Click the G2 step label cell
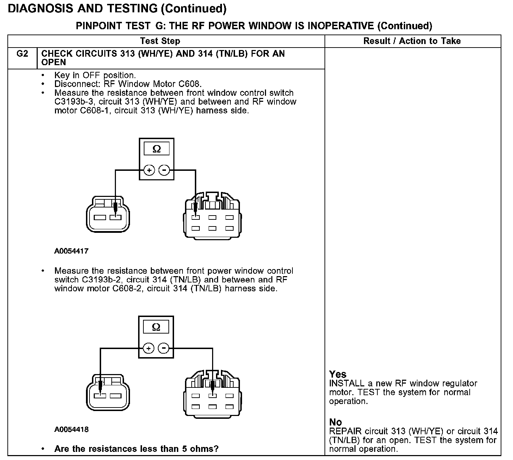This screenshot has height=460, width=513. coord(22,54)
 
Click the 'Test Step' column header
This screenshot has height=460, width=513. coord(160,41)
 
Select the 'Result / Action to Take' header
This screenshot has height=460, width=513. coord(412,41)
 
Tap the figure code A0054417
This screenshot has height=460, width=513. coord(72,251)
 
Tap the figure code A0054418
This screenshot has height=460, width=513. coord(72,429)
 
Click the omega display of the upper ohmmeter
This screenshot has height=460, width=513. coord(156,149)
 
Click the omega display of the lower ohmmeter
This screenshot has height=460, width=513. coord(156,327)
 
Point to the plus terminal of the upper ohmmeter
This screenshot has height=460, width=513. coord(149,170)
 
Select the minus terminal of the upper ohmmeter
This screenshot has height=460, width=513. coord(164,170)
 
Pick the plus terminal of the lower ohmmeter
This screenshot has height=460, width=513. coord(149,349)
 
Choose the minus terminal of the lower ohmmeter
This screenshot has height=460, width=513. coord(163,349)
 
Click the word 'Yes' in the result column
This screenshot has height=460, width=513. coord(338,374)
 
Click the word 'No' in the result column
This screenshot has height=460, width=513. coord(335,422)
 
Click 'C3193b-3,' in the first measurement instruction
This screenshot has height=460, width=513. coord(70,102)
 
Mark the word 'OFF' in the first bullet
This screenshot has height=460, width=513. coord(92,75)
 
